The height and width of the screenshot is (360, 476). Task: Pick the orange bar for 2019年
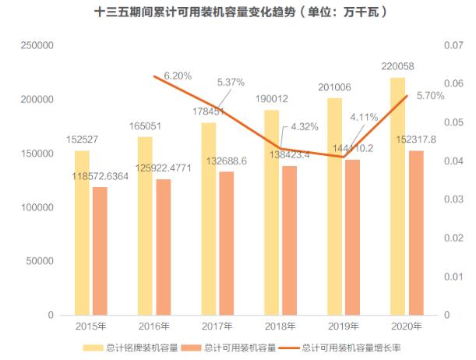(352, 237)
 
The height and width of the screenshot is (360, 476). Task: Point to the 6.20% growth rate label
(178, 76)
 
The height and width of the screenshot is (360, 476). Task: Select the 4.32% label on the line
(305, 126)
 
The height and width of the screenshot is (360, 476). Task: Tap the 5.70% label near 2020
(431, 96)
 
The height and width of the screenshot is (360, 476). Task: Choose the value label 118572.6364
(100, 178)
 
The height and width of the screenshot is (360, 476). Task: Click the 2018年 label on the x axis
(280, 326)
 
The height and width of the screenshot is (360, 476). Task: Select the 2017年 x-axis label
(217, 326)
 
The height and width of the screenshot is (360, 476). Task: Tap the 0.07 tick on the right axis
(453, 47)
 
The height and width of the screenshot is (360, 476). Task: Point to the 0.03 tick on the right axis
(453, 199)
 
